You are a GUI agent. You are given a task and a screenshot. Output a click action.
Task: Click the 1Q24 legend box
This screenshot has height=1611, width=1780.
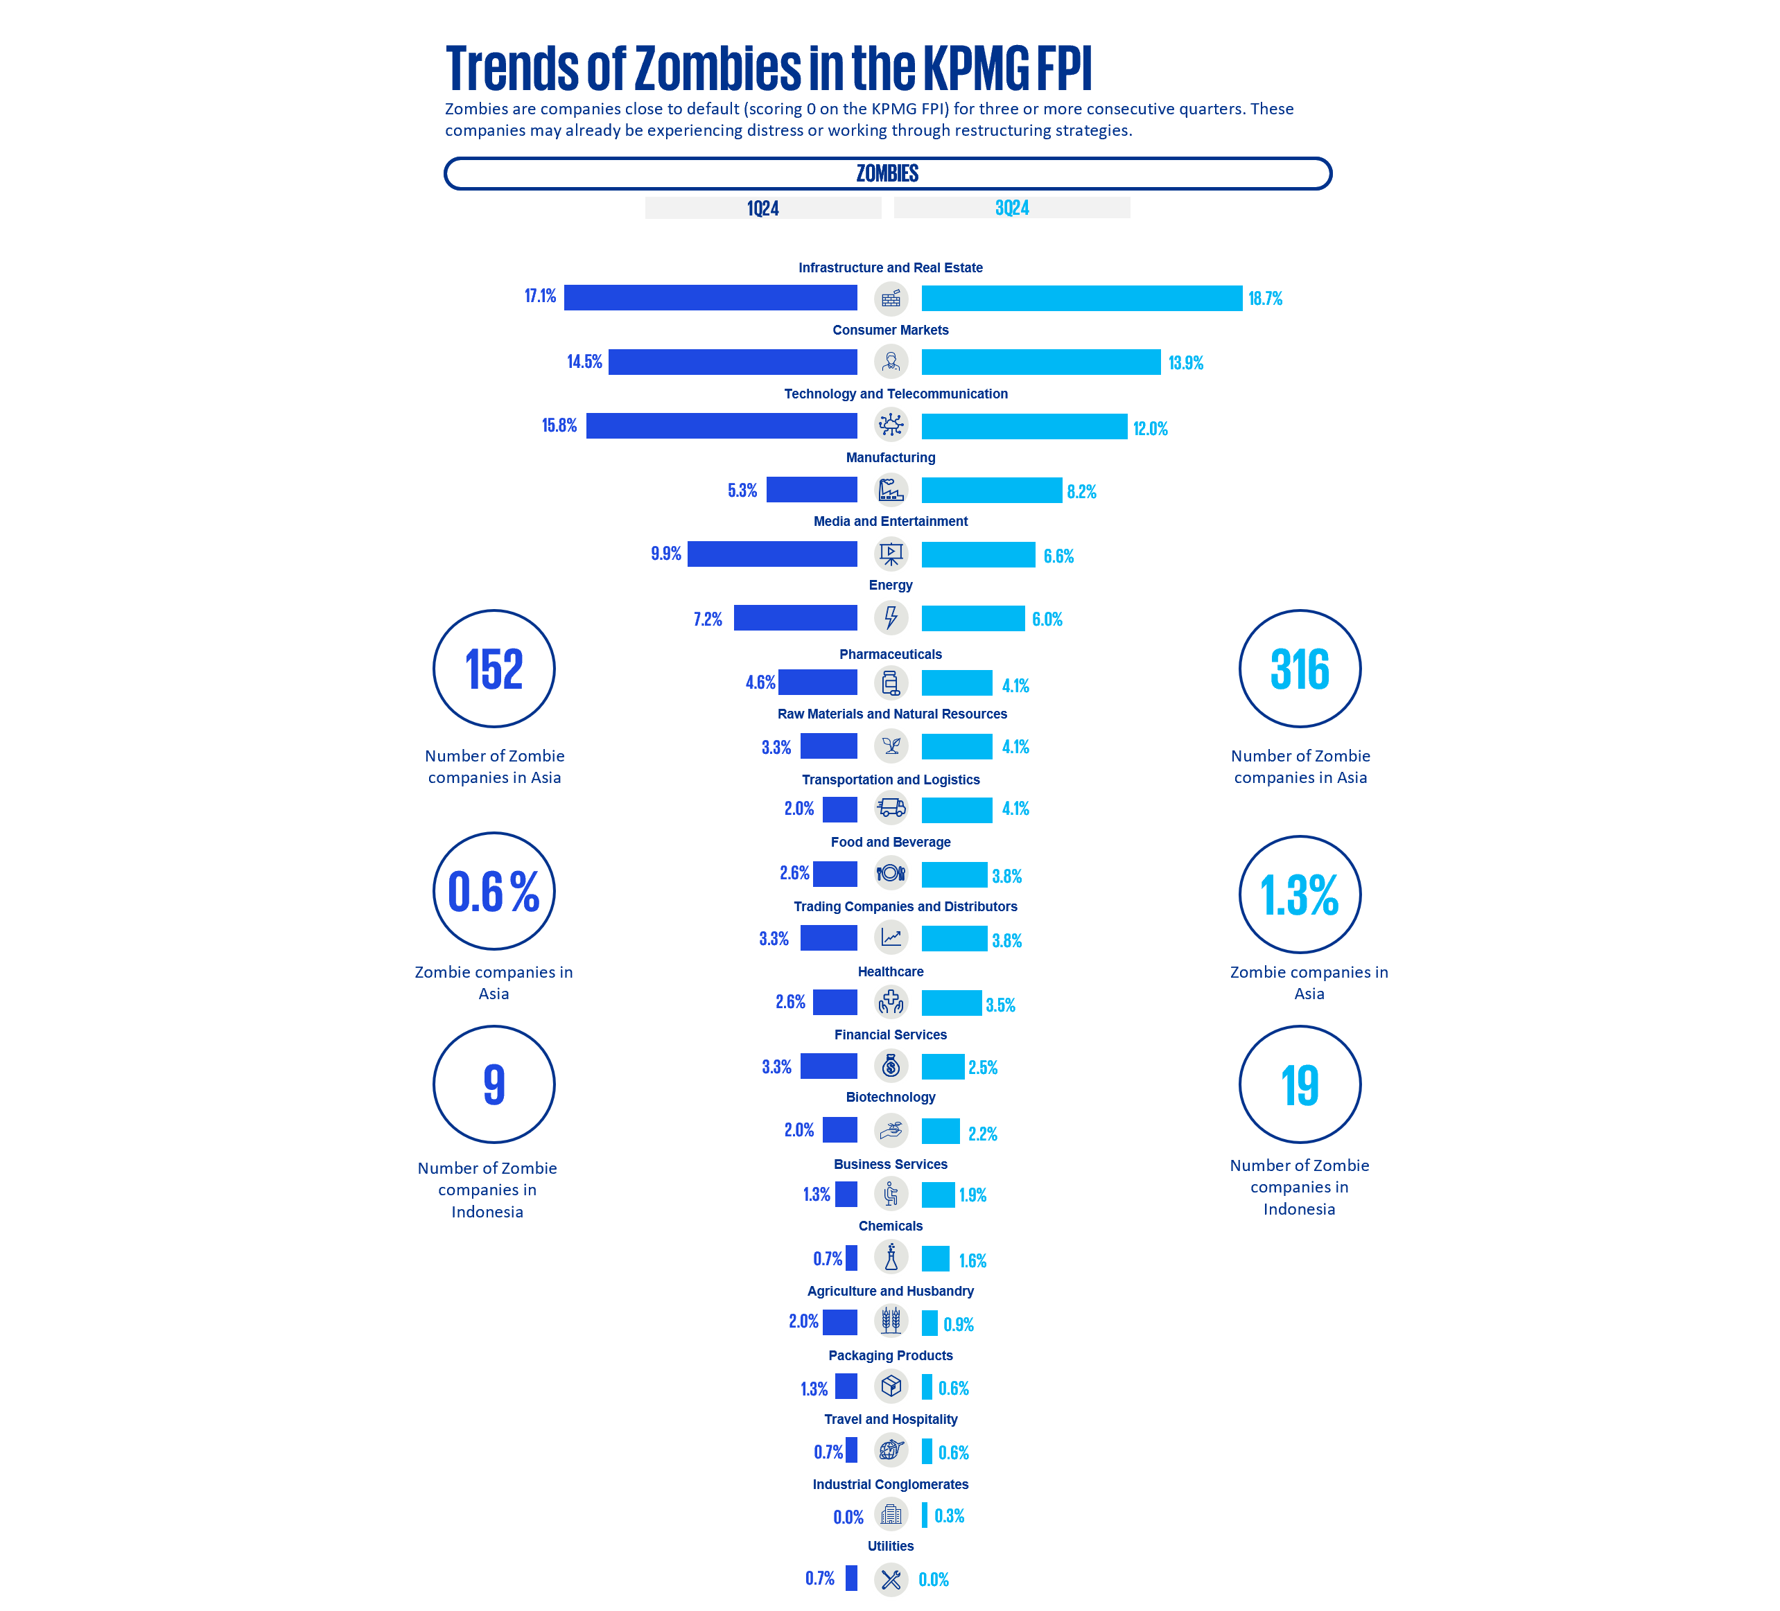pos(763,207)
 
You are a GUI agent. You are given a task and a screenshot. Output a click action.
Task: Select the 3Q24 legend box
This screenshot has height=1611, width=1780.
pos(1011,207)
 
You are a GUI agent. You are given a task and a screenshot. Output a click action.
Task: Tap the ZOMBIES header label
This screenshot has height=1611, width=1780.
pos(887,173)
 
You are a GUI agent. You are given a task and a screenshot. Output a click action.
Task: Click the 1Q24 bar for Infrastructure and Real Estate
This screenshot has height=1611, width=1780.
pos(710,297)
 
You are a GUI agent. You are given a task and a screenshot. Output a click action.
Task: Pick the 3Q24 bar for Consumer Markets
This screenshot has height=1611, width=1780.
pos(1040,362)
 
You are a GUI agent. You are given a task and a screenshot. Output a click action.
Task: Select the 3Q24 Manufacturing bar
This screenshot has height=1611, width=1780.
pos(991,491)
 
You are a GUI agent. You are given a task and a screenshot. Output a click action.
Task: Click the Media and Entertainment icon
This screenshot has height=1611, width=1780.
pos(891,554)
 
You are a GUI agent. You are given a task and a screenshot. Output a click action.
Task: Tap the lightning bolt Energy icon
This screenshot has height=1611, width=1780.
pos(891,618)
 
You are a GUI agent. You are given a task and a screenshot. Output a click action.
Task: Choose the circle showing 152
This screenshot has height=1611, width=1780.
pos(494,669)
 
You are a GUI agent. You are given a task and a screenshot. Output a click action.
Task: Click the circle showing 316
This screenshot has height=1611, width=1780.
pos(1300,669)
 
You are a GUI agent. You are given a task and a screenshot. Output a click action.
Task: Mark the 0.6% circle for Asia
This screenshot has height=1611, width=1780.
pos(494,892)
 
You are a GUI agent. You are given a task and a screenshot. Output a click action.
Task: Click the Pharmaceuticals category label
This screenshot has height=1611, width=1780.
pos(890,654)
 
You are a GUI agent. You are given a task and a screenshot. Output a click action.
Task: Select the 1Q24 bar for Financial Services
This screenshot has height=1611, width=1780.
pos(828,1066)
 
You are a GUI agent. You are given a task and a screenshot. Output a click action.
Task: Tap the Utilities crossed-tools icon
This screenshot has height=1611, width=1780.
pos(891,1580)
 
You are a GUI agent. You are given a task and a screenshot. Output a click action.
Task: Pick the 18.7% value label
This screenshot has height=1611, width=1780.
pos(1264,299)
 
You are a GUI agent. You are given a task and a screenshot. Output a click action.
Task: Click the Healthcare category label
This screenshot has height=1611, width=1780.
pos(890,971)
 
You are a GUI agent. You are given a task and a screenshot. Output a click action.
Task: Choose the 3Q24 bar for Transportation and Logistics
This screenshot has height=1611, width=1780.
pos(957,809)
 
